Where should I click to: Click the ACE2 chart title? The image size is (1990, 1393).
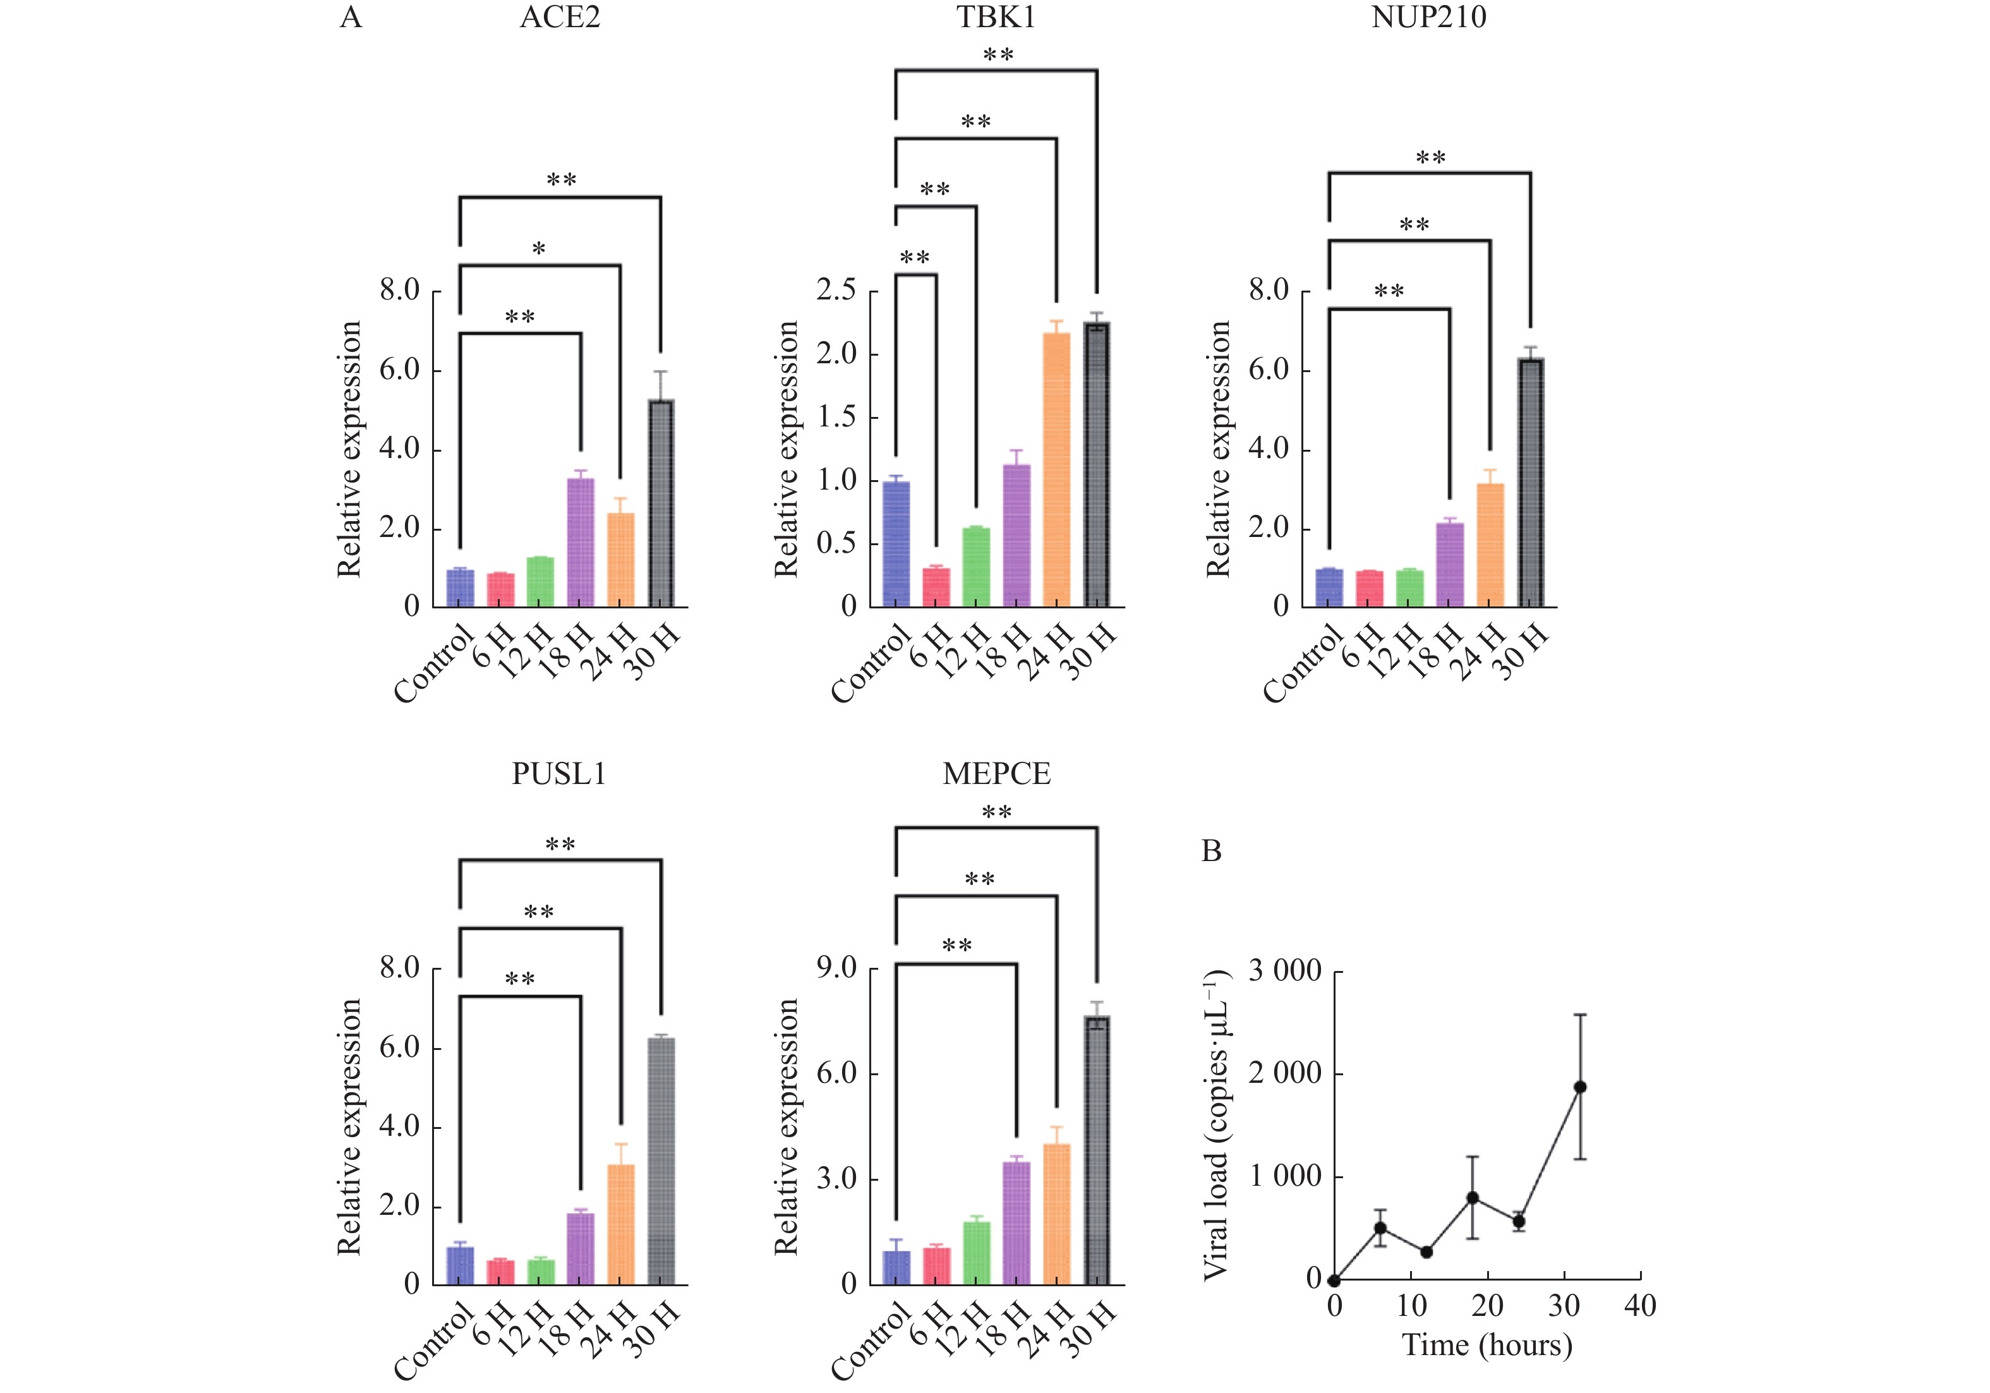tap(559, 17)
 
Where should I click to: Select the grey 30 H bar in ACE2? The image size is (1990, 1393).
tap(661, 503)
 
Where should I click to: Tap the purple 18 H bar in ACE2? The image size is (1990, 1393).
tap(581, 542)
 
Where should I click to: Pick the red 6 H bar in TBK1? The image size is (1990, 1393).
tap(936, 587)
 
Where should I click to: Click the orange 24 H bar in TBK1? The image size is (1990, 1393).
tap(1056, 469)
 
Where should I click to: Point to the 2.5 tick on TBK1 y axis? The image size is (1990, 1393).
tap(836, 291)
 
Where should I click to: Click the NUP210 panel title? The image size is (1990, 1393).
tap(1428, 17)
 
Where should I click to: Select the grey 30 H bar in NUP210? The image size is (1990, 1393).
tap(1531, 482)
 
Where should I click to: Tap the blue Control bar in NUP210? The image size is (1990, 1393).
tap(1329, 588)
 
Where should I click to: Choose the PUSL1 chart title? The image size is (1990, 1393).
tap(559, 773)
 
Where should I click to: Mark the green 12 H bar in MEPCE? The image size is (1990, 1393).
tap(976, 1253)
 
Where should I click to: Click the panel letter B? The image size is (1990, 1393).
tap(1212, 851)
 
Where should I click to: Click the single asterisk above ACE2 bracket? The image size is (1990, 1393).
tap(539, 250)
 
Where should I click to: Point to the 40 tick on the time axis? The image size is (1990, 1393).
tap(1640, 1305)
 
